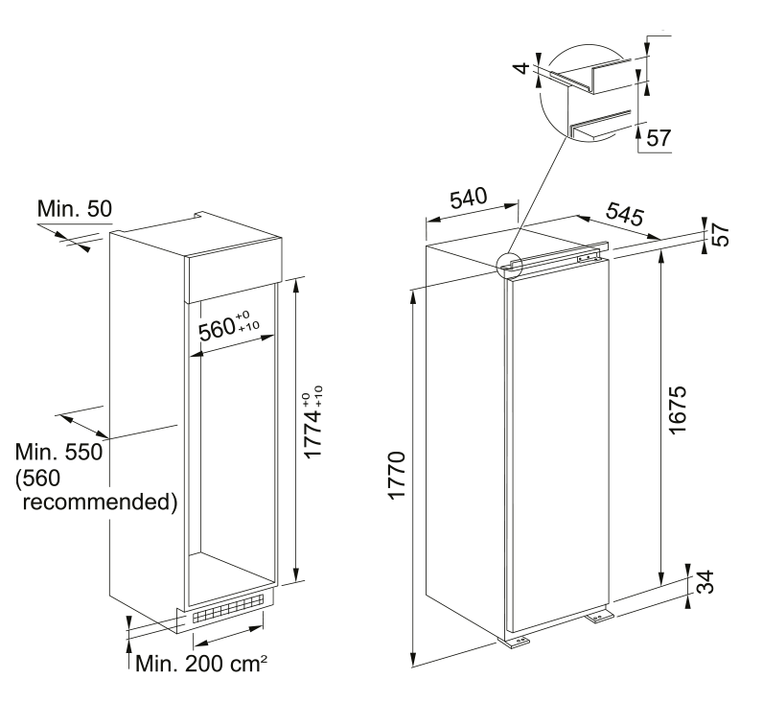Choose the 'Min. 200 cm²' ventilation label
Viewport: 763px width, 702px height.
point(201,663)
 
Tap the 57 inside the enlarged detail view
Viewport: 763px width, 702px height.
point(656,138)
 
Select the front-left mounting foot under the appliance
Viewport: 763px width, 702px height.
point(518,641)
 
